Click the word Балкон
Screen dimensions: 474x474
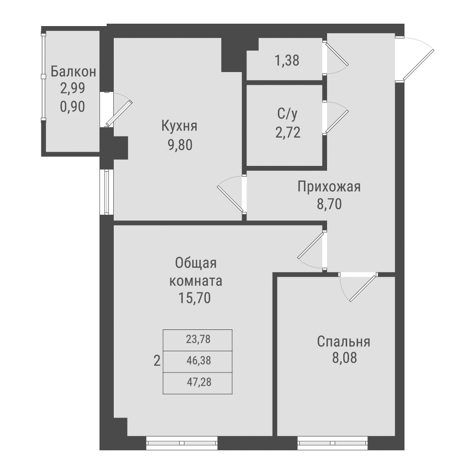(x=73, y=72)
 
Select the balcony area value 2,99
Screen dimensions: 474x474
(x=73, y=89)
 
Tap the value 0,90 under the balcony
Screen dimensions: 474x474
(x=73, y=107)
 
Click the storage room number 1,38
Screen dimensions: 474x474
(x=287, y=61)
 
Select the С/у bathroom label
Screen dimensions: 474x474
(x=288, y=114)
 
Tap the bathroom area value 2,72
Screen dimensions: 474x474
(x=288, y=131)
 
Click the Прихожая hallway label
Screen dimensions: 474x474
(x=329, y=186)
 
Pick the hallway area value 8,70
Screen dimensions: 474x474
(x=329, y=204)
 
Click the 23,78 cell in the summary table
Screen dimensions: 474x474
(x=199, y=339)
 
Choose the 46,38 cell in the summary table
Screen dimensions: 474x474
(x=199, y=361)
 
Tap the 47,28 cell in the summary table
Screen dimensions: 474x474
(x=199, y=382)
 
